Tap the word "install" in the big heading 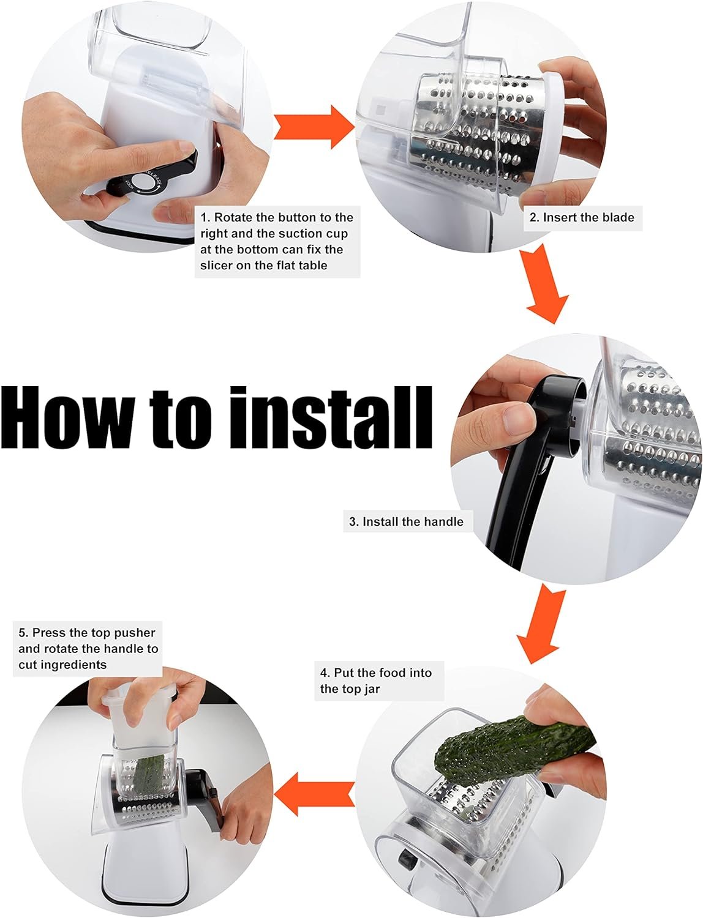coord(331,417)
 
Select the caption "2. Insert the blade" coord(582,217)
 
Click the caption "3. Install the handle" coord(407,521)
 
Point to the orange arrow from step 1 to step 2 coord(314,127)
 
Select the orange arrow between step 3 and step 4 coord(541,624)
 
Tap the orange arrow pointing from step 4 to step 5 coord(314,794)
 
